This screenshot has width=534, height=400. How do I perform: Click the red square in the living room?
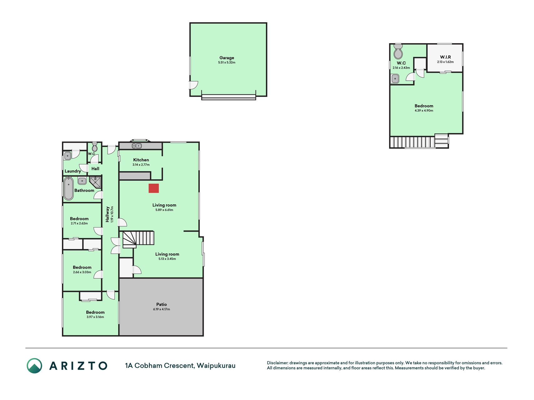154,188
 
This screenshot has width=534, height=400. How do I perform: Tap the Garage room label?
227,58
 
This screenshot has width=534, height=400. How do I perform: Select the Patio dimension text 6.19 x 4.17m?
161,309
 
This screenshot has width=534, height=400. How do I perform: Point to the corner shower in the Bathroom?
95,182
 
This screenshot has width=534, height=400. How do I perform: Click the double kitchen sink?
137,146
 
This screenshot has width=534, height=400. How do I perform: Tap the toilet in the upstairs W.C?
398,52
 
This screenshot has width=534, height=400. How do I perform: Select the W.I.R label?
445,57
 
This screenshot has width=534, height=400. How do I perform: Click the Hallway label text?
107,214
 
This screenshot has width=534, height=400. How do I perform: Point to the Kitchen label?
141,160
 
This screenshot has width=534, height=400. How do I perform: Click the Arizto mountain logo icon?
34,366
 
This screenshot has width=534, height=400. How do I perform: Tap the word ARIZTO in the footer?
78,366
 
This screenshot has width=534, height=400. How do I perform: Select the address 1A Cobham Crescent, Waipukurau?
180,366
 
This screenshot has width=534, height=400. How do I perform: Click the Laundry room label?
73,171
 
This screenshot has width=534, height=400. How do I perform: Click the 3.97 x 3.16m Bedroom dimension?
95,317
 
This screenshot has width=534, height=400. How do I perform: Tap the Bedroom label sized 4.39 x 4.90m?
424,106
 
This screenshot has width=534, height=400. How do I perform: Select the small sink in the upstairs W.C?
395,78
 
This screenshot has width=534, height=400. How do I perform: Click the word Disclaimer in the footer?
277,363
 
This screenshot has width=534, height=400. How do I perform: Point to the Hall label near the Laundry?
95,169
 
